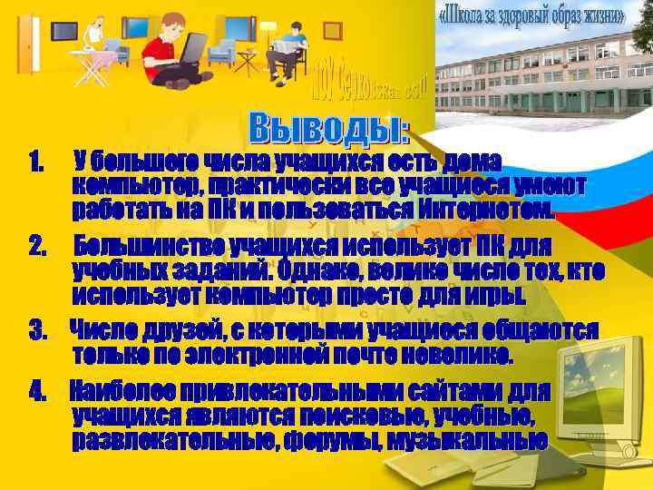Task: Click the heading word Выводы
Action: pos(328,129)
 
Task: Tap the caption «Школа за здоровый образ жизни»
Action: pos(531,16)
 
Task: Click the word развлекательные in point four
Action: pos(174,442)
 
